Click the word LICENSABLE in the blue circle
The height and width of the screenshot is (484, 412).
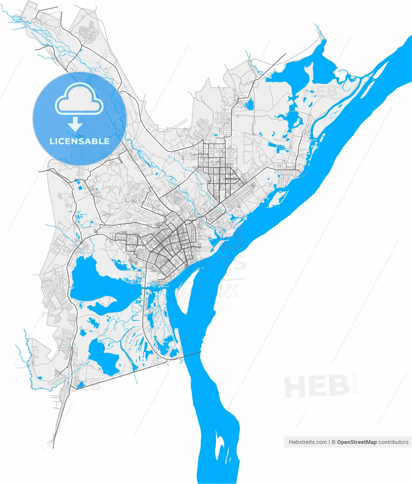point(80,141)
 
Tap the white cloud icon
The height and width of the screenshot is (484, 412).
point(80,99)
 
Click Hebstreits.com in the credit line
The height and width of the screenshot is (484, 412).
point(308,442)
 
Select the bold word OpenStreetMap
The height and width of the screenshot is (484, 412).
point(357,442)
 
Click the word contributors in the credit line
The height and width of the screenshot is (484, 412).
point(393,442)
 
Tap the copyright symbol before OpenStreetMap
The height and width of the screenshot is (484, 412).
point(334,442)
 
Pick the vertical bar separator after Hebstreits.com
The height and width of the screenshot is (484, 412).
point(329,442)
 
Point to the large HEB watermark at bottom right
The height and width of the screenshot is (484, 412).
point(317,386)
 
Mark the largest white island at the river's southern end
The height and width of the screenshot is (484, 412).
point(219,446)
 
